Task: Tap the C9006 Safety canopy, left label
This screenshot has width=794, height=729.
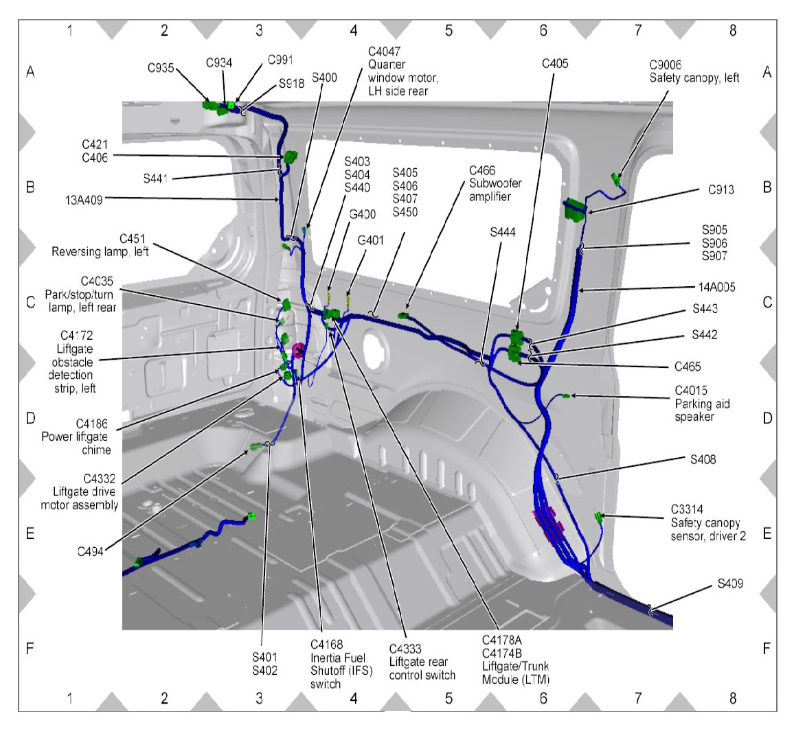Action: (x=694, y=71)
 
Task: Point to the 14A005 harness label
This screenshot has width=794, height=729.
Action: (x=712, y=288)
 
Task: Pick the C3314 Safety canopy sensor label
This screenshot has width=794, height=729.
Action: (x=707, y=523)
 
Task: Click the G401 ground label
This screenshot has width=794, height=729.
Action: (x=370, y=241)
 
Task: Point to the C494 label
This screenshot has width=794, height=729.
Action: (x=91, y=551)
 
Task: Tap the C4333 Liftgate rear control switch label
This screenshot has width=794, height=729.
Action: (x=422, y=662)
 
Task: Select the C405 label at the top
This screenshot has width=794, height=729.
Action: (x=555, y=64)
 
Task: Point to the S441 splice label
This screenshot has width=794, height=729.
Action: (x=157, y=178)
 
